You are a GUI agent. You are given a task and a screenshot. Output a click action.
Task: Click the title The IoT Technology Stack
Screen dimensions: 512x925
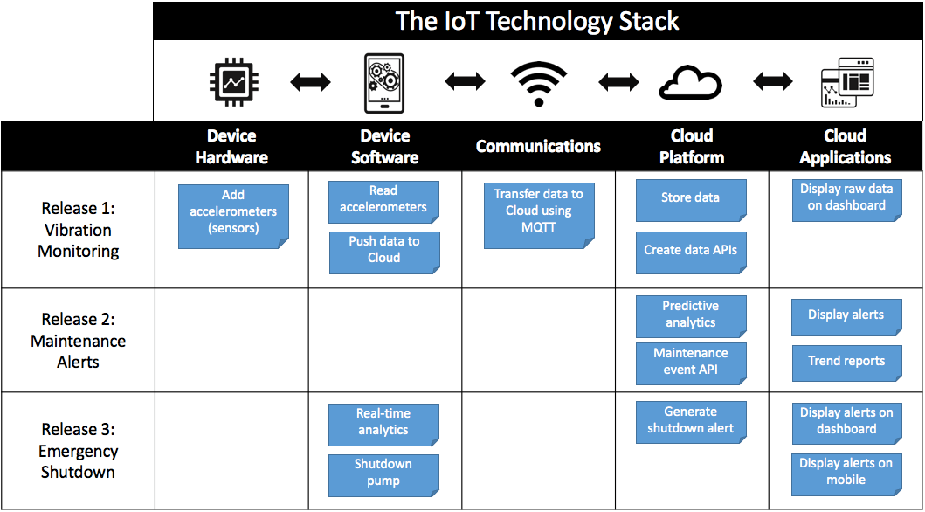click(537, 21)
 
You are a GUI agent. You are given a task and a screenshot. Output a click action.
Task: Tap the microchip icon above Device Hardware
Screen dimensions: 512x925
click(232, 82)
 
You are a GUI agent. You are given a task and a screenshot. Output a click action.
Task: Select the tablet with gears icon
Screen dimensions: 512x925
click(384, 83)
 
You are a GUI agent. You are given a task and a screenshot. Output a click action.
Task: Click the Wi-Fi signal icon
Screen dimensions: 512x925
click(538, 83)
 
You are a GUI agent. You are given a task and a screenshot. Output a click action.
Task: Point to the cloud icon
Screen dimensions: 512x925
click(690, 83)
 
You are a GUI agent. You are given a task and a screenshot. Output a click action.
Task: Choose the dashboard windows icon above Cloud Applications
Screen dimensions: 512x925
click(846, 83)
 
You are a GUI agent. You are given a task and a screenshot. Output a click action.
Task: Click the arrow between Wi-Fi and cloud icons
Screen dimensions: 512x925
click(618, 83)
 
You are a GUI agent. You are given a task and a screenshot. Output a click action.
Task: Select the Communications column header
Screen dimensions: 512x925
click(538, 146)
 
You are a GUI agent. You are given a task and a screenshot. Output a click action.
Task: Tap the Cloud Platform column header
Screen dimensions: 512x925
click(691, 146)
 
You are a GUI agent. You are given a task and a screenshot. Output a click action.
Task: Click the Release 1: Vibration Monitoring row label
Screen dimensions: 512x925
click(78, 230)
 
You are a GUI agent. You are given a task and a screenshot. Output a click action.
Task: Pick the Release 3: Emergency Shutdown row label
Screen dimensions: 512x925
click(78, 451)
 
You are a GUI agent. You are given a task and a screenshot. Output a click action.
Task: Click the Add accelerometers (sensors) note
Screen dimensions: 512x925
click(233, 216)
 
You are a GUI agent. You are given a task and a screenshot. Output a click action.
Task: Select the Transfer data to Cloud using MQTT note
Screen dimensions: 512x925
click(538, 216)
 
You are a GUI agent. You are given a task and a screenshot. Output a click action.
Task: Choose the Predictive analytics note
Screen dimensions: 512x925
click(690, 315)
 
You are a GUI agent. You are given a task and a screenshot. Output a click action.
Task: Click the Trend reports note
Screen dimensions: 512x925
click(846, 362)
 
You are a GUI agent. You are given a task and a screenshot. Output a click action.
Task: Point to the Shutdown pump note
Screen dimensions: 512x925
click(383, 474)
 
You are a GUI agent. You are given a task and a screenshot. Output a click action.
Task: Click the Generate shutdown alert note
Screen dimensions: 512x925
click(690, 421)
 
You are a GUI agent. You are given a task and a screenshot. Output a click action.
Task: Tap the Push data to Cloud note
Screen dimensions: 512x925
click(383, 252)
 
